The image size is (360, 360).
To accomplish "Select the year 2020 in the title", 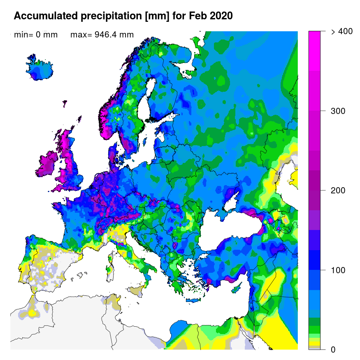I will [221, 16].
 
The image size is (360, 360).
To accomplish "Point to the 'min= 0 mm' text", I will [36, 35].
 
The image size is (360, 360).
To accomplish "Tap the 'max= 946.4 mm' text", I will [102, 35].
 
